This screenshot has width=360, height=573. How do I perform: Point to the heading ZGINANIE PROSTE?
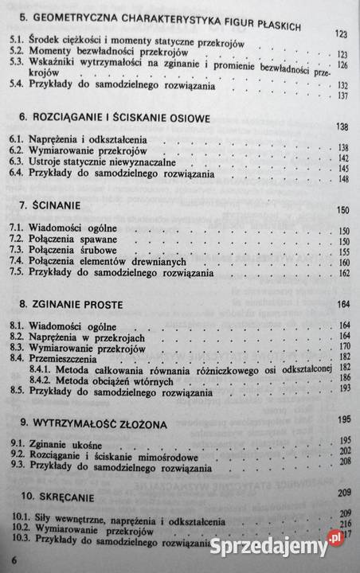pyautogui.click(x=68, y=305)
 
